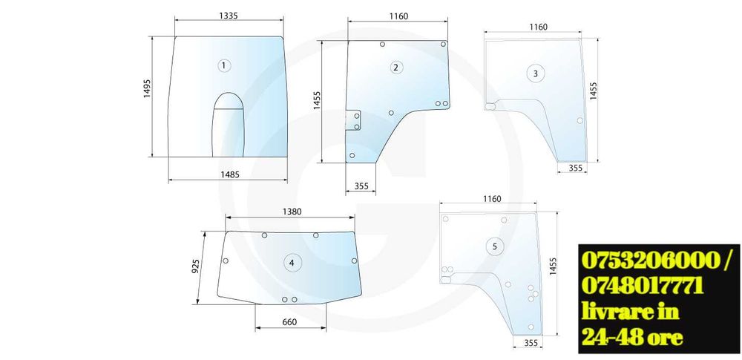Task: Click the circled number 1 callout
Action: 224,65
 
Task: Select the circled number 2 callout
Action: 395,68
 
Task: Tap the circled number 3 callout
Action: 535,73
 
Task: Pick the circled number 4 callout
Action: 292,263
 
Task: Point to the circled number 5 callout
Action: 494,246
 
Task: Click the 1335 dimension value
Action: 229,16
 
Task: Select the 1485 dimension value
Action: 230,174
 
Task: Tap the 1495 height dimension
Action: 147,88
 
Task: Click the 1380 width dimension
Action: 292,212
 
